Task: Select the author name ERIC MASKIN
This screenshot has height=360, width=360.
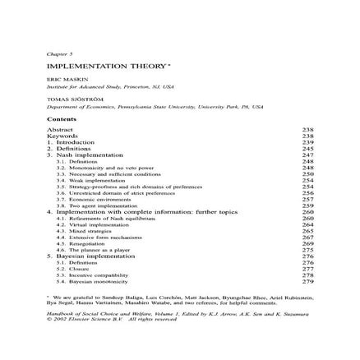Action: click(x=62, y=80)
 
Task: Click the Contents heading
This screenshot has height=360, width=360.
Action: click(x=62, y=120)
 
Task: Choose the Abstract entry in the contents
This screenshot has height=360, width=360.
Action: click(x=59, y=130)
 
